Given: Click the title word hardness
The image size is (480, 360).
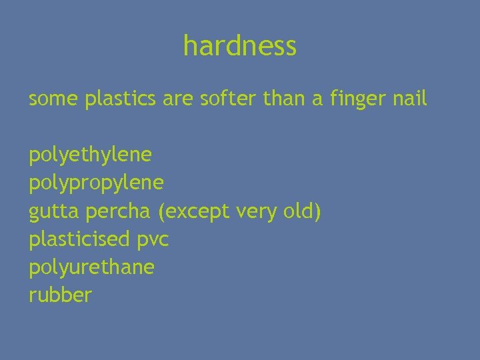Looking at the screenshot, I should click(x=240, y=47).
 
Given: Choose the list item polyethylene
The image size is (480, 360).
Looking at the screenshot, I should click(x=91, y=156).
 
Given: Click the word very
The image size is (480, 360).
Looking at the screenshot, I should click(x=257, y=212).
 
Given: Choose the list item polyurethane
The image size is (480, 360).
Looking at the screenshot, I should click(x=91, y=267).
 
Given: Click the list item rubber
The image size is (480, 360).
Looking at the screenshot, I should click(x=60, y=295).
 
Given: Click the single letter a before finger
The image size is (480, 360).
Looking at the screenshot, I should click(x=318, y=101).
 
